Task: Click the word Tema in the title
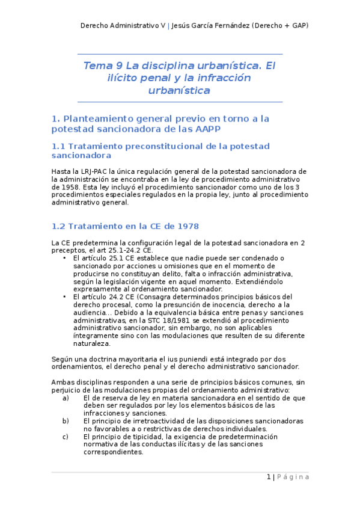[x=96, y=66]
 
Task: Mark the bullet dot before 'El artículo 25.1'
[x=64, y=258]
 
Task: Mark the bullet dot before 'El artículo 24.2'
[x=64, y=297]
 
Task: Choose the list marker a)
[x=65, y=398]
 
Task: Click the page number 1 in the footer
[x=269, y=477]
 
